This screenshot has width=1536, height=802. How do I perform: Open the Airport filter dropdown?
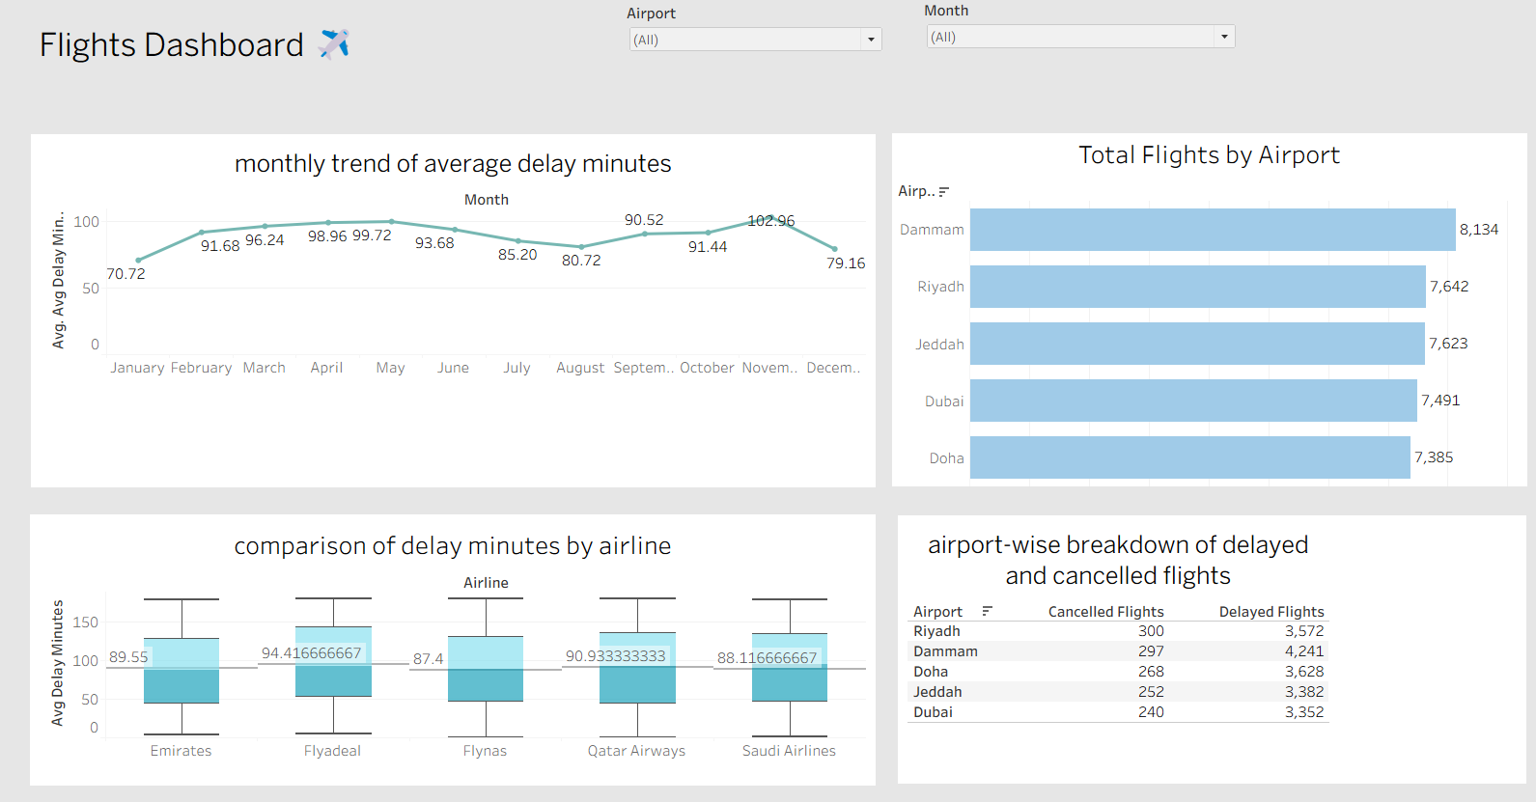[x=871, y=40]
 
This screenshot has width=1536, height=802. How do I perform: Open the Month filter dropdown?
[x=1224, y=37]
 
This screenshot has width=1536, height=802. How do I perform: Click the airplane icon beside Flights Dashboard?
[x=334, y=43]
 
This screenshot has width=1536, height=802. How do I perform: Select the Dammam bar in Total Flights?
[x=1212, y=230]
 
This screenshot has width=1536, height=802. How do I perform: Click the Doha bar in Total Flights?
[x=1189, y=457]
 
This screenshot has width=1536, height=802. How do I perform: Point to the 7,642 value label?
[x=1449, y=287]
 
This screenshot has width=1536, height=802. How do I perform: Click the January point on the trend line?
[x=138, y=260]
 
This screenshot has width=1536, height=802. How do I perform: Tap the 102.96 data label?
[x=770, y=221]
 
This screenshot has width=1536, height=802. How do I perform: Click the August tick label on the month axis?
[x=579, y=368]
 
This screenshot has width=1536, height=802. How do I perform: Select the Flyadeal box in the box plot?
[x=333, y=662]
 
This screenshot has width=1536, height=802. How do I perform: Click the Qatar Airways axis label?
[x=636, y=751]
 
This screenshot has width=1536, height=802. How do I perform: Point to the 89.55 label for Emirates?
[x=128, y=657]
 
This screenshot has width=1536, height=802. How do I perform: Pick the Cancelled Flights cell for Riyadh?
[x=1151, y=631]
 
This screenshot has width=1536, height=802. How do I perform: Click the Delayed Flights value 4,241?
[x=1304, y=651]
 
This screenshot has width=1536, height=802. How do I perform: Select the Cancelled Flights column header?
[x=1105, y=612]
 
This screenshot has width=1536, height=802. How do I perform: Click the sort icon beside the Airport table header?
[x=987, y=611]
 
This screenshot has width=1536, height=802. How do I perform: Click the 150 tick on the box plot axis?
[x=86, y=622]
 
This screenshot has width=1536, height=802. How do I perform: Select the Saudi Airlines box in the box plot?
[x=790, y=667]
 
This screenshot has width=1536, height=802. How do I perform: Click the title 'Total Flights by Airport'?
[x=1209, y=155]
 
